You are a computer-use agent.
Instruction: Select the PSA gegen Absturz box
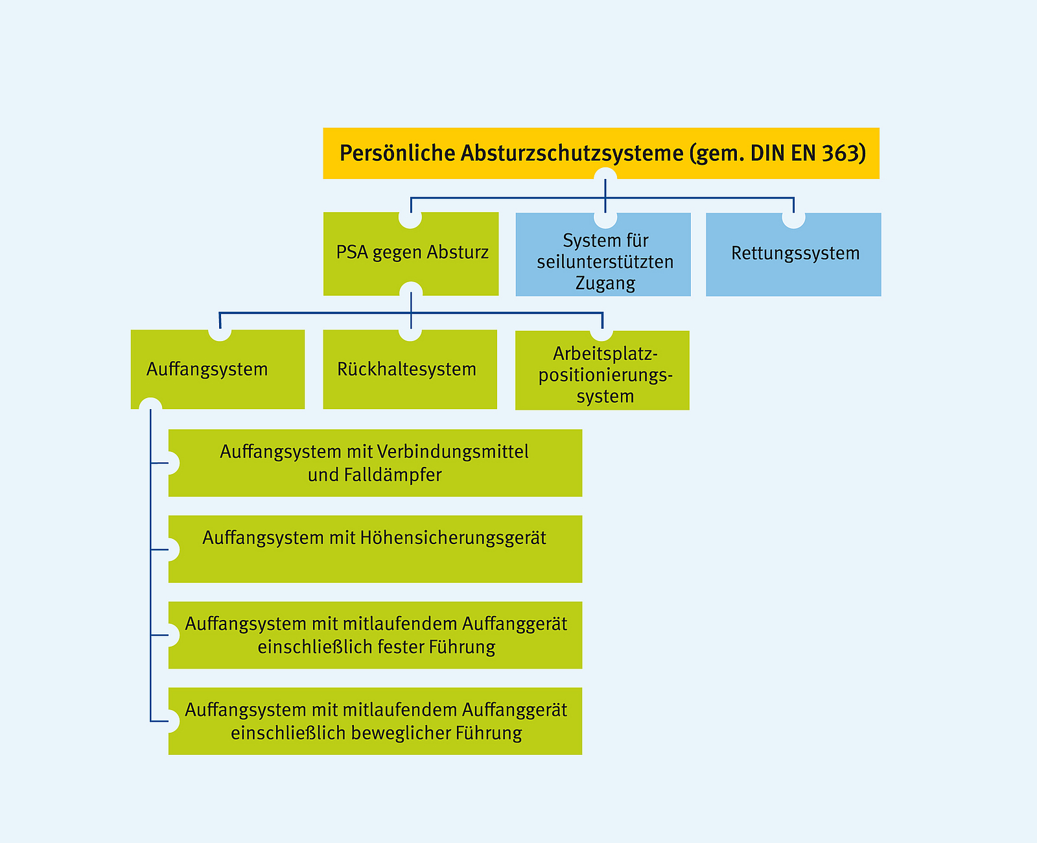[412, 253]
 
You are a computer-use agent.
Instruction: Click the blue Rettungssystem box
[794, 254]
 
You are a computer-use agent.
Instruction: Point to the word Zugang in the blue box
[605, 283]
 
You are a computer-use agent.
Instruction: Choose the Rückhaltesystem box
[410, 370]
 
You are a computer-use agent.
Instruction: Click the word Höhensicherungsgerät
[453, 538]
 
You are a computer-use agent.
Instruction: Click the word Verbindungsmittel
[452, 451]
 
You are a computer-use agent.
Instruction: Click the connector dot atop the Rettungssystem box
[794, 218]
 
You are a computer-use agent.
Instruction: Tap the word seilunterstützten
[605, 262]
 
